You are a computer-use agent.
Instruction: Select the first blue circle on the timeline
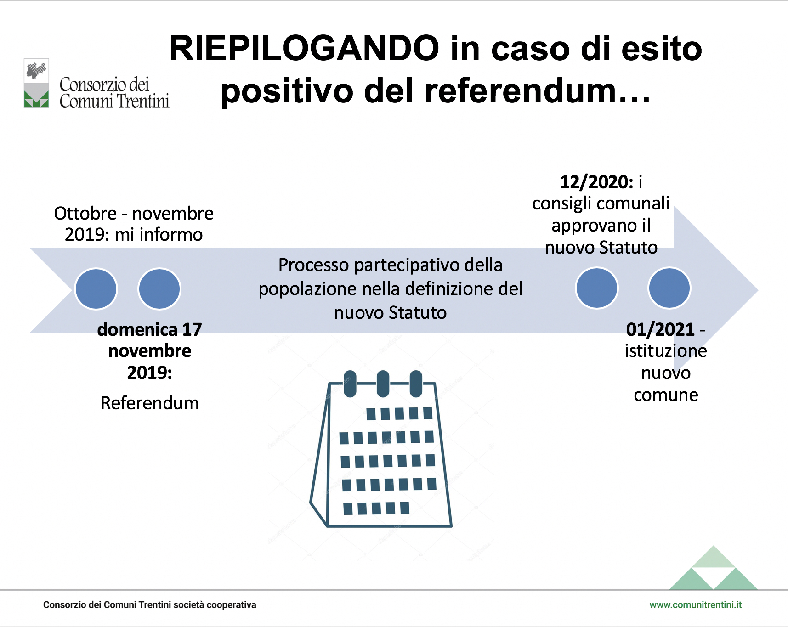[96, 289]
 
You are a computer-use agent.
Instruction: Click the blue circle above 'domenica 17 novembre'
[159, 289]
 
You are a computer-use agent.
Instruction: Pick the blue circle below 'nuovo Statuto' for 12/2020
[597, 288]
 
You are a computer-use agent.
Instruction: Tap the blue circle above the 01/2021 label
[669, 288]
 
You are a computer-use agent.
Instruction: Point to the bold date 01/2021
[660, 329]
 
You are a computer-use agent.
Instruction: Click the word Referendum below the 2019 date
[150, 403]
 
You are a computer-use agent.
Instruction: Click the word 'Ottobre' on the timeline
[85, 213]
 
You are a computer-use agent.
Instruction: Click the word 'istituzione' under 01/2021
[666, 351]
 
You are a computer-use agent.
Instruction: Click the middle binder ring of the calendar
[383, 384]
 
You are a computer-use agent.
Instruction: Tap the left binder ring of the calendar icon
[350, 384]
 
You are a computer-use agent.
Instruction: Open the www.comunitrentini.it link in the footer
[695, 605]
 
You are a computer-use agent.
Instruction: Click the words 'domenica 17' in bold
[150, 329]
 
